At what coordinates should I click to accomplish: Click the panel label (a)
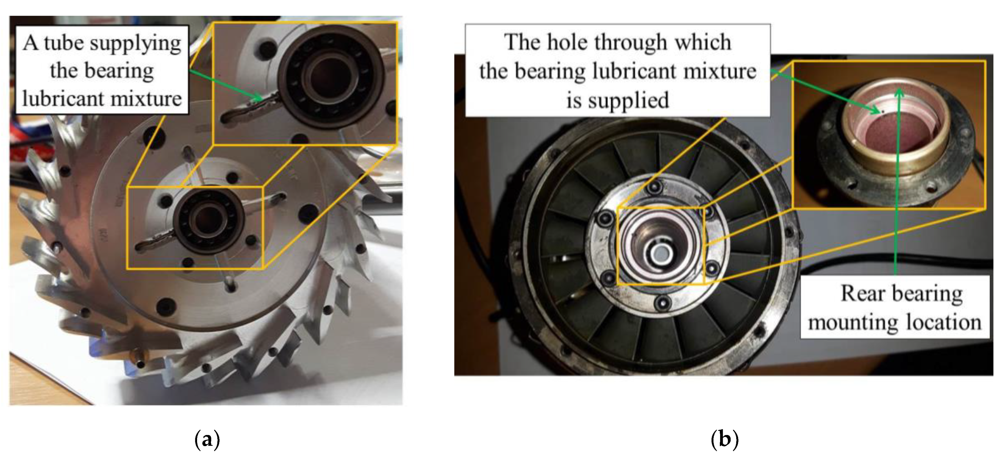pos(207,439)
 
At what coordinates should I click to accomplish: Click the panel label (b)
pos(724,439)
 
